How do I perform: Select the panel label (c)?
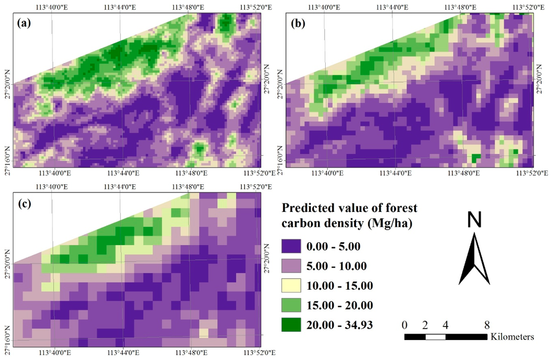(x=27, y=204)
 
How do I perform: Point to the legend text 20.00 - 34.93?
(x=347, y=325)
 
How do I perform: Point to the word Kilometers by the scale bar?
(x=512, y=337)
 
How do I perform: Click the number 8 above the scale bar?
(x=487, y=325)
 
